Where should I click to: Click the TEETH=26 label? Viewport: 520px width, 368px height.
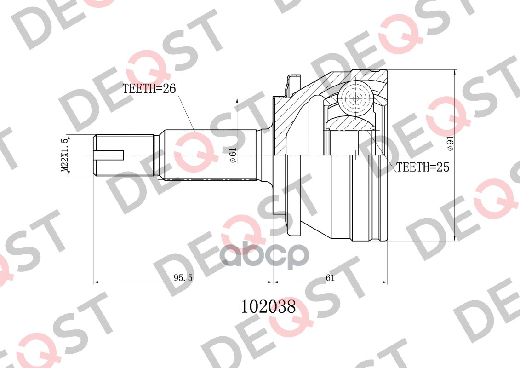[x=149, y=89]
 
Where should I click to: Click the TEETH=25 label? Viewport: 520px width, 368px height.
[x=423, y=167]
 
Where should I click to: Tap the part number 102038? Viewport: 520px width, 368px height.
[x=269, y=306]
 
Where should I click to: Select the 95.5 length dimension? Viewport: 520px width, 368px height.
[x=183, y=277]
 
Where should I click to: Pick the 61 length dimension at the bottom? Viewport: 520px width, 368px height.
[x=330, y=277]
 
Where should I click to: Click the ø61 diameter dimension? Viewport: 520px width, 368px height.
[x=232, y=155]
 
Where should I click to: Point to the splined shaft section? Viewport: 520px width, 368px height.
[x=209, y=155]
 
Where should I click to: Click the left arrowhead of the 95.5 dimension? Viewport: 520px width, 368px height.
[x=96, y=282]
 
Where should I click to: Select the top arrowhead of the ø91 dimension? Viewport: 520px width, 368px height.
[x=455, y=72]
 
